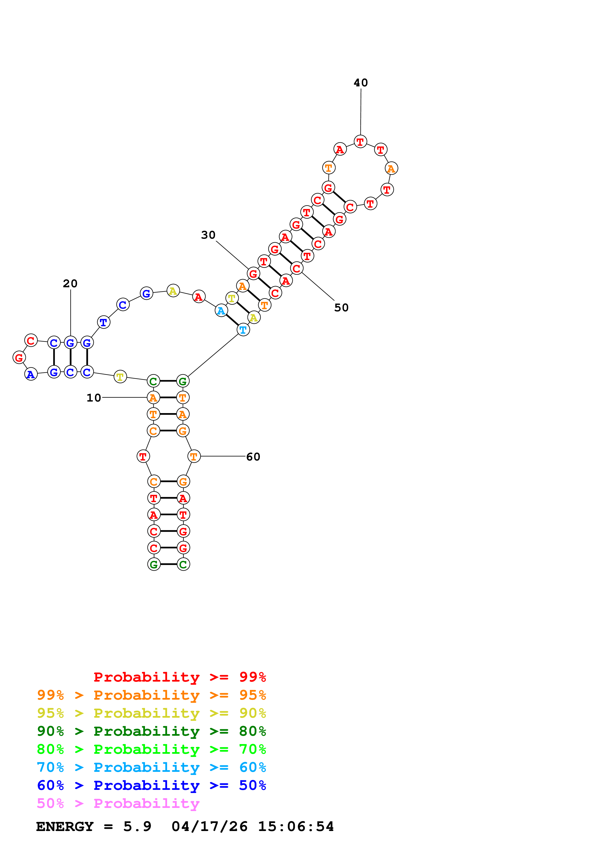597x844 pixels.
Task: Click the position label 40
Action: pyautogui.click(x=361, y=83)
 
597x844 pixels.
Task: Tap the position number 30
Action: pyautogui.click(x=208, y=235)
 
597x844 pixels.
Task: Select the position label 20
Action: pyautogui.click(x=70, y=283)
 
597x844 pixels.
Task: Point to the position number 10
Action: pyautogui.click(x=94, y=398)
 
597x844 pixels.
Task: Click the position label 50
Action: pyautogui.click(x=341, y=308)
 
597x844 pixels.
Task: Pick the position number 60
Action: pyautogui.click(x=253, y=457)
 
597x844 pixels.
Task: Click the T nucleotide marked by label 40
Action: pyautogui.click(x=361, y=141)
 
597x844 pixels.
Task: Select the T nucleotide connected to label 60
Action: pyautogui.click(x=194, y=457)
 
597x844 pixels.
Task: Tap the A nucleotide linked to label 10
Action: pyautogui.click(x=153, y=398)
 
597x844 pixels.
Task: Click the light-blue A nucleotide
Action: pyautogui.click(x=221, y=311)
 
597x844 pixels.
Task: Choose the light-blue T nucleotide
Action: pyautogui.click(x=243, y=330)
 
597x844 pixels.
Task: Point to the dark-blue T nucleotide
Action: pyautogui.click(x=104, y=322)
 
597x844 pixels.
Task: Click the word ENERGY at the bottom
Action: pyautogui.click(x=65, y=826)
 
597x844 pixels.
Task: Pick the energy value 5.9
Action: pyautogui.click(x=137, y=826)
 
